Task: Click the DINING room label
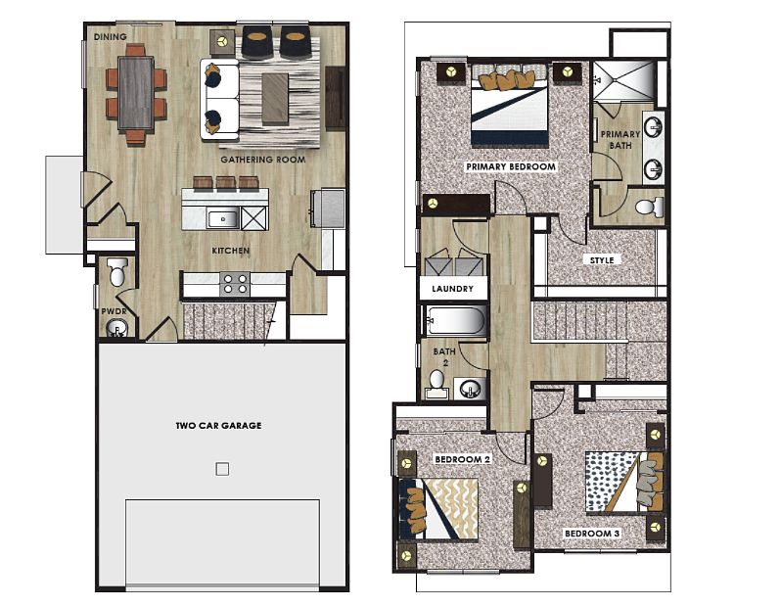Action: [110, 37]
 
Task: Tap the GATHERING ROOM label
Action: [263, 160]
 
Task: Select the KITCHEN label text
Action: [231, 251]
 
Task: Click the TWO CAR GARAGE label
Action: [218, 426]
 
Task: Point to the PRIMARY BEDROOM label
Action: [511, 167]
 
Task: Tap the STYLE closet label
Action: [602, 260]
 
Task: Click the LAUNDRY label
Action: [452, 289]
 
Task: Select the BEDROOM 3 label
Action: [592, 534]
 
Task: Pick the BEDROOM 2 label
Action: [462, 459]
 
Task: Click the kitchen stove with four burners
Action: [235, 284]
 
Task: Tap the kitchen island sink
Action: [222, 218]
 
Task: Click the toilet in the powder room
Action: [117, 271]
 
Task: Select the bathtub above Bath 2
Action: [454, 321]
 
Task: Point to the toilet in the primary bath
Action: [650, 207]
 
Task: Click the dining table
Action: [135, 93]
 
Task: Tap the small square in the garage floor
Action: [222, 469]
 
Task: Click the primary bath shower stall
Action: [624, 80]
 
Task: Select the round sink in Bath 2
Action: [469, 389]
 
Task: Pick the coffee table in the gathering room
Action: [275, 99]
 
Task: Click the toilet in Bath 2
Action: [436, 383]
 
